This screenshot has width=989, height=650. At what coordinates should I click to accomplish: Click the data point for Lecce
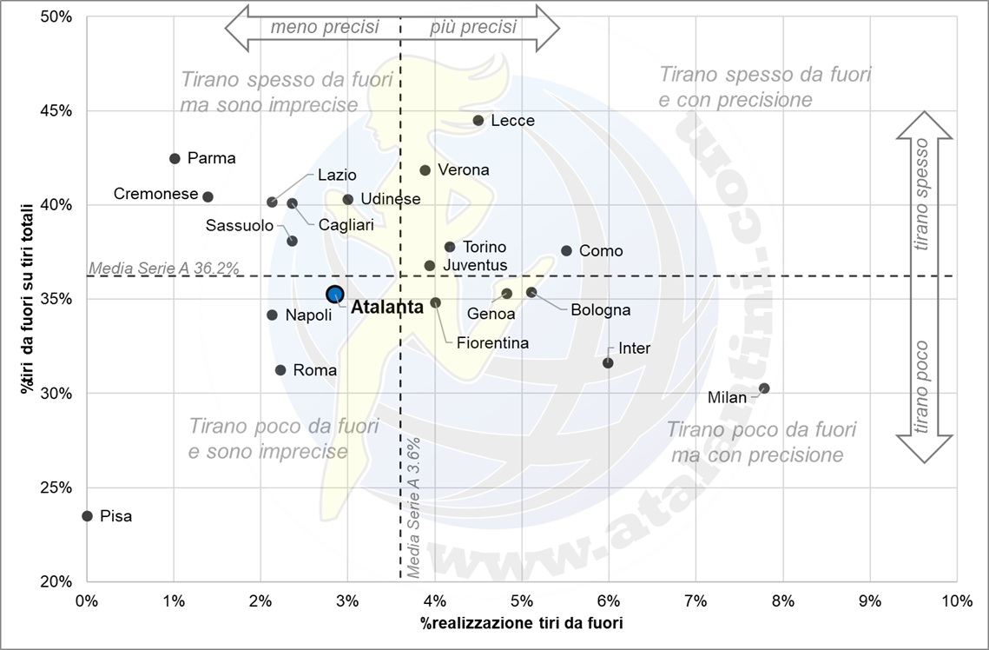tap(478, 121)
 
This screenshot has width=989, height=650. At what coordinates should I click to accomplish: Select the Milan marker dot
tap(764, 388)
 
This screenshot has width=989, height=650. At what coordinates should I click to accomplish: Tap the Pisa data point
tap(87, 516)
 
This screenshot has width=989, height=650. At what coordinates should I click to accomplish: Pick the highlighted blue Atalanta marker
tap(335, 295)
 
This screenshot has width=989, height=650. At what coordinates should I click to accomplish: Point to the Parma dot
tap(175, 159)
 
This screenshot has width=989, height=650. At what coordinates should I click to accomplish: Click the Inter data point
tap(608, 362)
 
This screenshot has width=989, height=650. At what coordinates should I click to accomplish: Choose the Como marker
tap(567, 250)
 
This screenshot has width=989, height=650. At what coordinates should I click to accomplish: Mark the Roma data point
tap(280, 370)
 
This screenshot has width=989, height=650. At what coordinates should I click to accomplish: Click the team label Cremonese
tap(156, 195)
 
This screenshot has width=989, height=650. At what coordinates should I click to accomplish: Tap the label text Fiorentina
tap(492, 343)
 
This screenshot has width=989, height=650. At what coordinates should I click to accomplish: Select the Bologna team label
tap(601, 310)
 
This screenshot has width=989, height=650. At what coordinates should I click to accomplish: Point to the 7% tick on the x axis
tap(696, 600)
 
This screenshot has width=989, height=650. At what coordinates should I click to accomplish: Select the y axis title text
tap(29, 298)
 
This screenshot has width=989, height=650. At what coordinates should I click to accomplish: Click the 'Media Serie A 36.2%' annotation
tap(164, 268)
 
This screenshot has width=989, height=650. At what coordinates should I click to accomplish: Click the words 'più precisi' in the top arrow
tap(473, 27)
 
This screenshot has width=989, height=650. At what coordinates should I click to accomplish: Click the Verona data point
tap(425, 170)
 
